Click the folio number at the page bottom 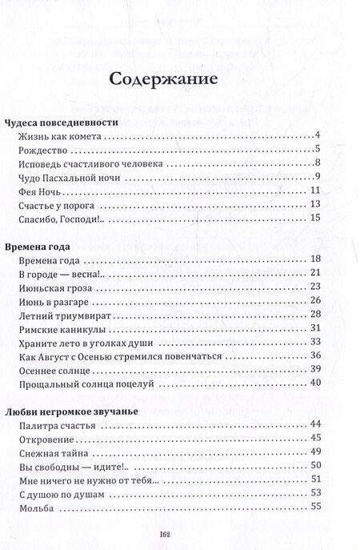[x=179, y=535]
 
